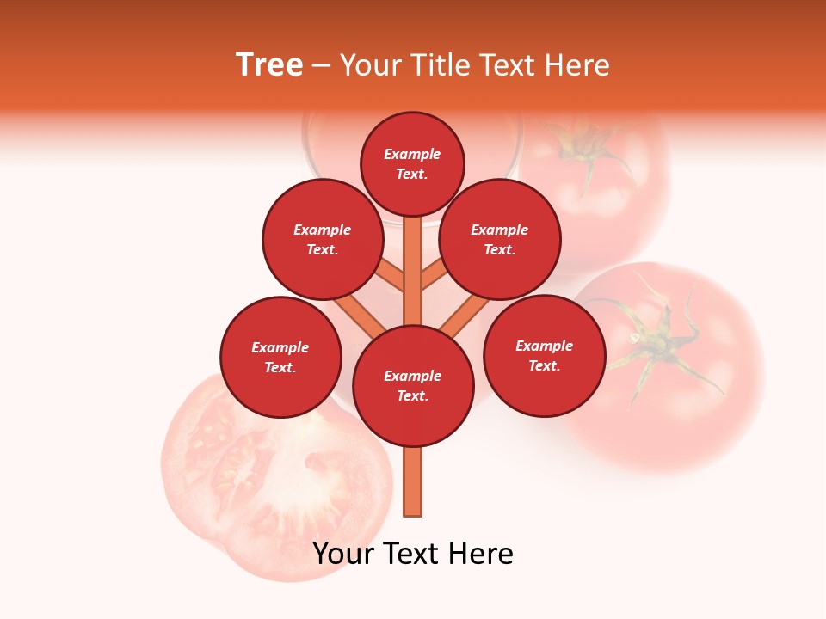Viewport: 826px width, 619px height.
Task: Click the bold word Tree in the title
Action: pyautogui.click(x=269, y=65)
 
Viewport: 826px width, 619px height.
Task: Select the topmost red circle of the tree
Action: pyautogui.click(x=412, y=163)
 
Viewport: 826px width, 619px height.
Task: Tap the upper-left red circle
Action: pyautogui.click(x=323, y=239)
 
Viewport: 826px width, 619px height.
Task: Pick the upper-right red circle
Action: pyautogui.click(x=500, y=239)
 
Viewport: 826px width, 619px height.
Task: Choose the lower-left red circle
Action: pyautogui.click(x=280, y=357)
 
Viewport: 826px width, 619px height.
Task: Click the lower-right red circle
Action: pyautogui.click(x=545, y=355)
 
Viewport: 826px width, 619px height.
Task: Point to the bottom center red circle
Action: pyautogui.click(x=413, y=386)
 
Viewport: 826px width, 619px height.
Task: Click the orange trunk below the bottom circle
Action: pyautogui.click(x=413, y=481)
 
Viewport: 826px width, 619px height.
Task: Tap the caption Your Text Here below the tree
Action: pyautogui.click(x=413, y=554)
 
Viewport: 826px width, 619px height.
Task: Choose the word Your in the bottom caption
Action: pyautogui.click(x=342, y=554)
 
